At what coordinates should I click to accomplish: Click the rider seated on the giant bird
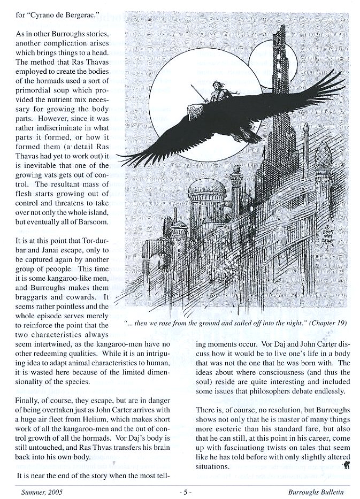216,91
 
